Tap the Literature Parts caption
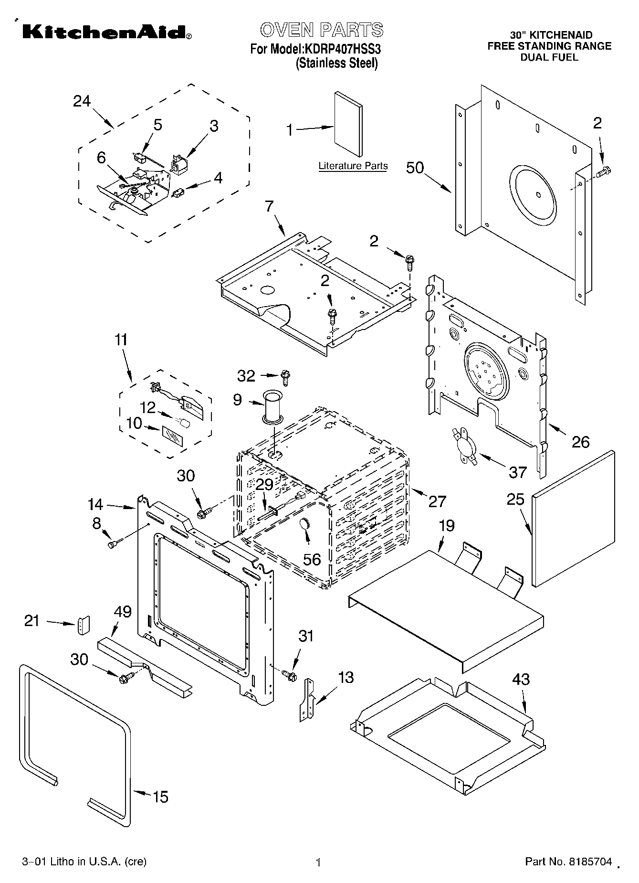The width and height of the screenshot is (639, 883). (353, 166)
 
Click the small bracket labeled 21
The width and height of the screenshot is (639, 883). (84, 625)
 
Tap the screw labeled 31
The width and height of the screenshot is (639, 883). (289, 676)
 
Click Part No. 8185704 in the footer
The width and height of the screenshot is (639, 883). (568, 862)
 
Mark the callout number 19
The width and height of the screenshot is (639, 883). (446, 526)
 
